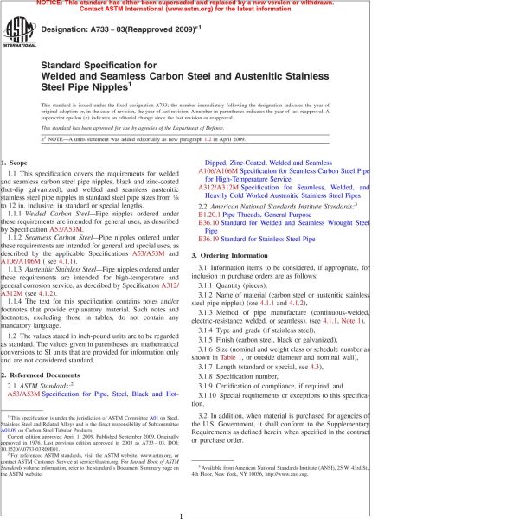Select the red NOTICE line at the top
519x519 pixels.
[259, 4]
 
